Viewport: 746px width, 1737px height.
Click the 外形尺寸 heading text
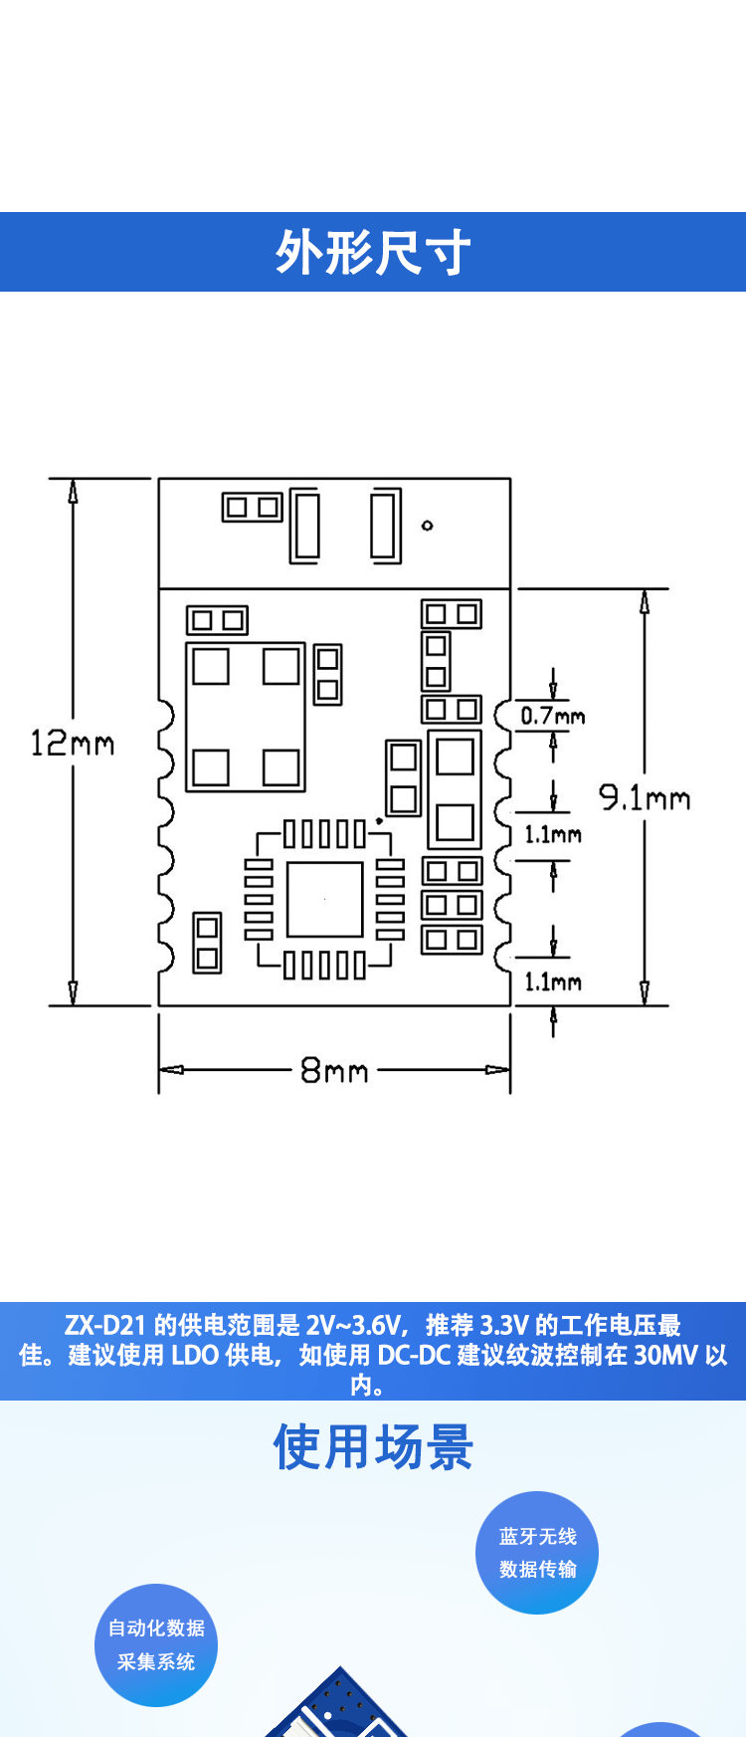click(x=373, y=252)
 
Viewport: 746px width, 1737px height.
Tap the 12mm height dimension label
click(x=72, y=743)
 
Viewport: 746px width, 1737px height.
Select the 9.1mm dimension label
click(x=644, y=797)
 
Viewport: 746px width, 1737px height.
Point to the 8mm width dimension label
click(x=334, y=1071)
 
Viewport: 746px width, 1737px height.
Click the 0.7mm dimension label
click(x=553, y=716)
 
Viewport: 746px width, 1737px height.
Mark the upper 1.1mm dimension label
click(x=553, y=835)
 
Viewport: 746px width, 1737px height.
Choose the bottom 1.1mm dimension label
click(x=553, y=982)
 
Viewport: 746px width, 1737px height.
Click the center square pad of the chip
click(x=324, y=899)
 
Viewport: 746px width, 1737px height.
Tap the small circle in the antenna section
click(x=428, y=525)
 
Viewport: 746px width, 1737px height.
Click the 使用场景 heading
click(x=373, y=1447)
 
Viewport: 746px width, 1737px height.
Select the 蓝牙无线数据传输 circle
click(x=537, y=1552)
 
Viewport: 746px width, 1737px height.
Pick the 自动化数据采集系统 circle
click(x=156, y=1644)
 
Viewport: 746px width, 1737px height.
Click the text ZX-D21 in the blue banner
click(x=104, y=1325)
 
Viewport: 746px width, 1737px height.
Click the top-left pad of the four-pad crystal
click(x=210, y=666)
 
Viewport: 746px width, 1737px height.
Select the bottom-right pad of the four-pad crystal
click(x=281, y=767)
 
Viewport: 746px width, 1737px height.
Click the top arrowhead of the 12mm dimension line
click(x=73, y=491)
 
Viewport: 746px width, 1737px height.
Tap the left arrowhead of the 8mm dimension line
click(x=171, y=1070)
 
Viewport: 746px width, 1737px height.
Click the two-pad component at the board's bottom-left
click(x=207, y=943)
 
